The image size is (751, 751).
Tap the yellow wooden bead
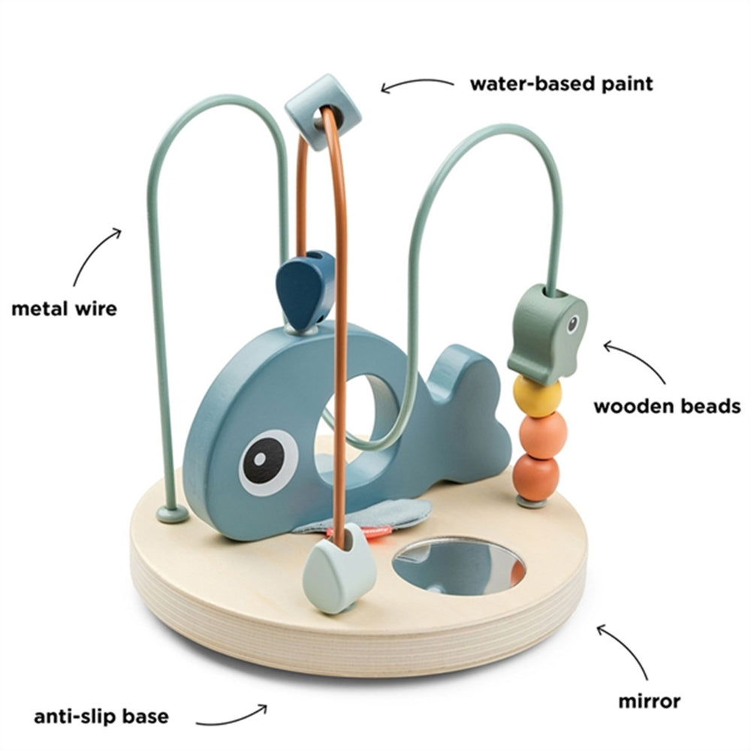click(x=536, y=394)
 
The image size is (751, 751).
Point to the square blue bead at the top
click(x=322, y=110)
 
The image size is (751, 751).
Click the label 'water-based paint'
click(x=561, y=83)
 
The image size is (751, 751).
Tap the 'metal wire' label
click(x=65, y=308)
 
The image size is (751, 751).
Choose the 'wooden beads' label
click(x=667, y=407)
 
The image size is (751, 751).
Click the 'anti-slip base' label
click(x=101, y=716)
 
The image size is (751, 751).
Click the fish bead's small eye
click(x=572, y=324)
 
